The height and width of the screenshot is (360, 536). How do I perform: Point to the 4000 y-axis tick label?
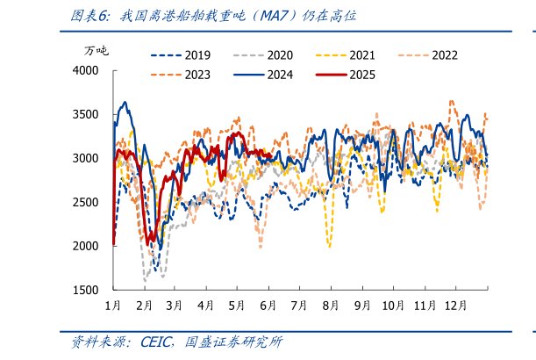tap(86, 70)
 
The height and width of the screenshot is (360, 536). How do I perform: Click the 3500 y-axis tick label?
tap(86, 114)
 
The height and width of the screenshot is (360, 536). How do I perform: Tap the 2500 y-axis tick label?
tap(86, 202)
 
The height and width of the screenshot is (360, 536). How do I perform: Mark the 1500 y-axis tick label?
tap(86, 290)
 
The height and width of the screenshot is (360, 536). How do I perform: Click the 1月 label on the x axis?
tap(113, 305)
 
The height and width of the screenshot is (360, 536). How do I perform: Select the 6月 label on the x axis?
tap(268, 305)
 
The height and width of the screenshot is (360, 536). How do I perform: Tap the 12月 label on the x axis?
tap(455, 305)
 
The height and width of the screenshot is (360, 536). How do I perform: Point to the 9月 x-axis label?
tap(362, 305)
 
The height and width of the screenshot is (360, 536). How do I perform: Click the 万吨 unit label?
tap(96, 50)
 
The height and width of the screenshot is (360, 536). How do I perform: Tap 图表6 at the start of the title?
tap(89, 16)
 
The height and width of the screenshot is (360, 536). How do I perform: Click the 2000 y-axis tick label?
tap(86, 246)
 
